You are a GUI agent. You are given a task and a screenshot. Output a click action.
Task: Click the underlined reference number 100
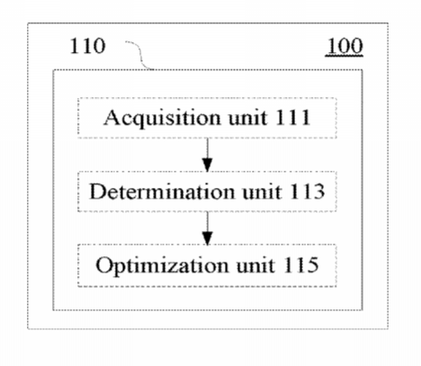click(x=345, y=47)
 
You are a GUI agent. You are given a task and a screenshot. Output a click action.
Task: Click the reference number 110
click(x=87, y=46)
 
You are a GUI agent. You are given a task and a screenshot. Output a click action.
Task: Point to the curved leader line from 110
click(x=140, y=56)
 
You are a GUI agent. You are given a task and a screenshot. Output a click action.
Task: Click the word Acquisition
click(x=163, y=118)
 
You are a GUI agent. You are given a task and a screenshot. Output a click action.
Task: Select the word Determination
click(x=162, y=192)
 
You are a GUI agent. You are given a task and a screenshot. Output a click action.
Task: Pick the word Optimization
click(x=162, y=265)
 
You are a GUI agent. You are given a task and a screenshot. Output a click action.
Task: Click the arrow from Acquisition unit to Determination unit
click(x=207, y=155)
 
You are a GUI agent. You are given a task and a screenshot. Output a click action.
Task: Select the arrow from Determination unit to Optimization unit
click(x=207, y=228)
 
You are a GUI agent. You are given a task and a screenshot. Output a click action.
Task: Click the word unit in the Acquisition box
click(x=247, y=118)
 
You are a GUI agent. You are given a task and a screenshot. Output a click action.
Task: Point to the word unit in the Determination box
click(x=262, y=192)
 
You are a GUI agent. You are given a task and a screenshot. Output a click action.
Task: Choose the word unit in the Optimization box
click(x=255, y=265)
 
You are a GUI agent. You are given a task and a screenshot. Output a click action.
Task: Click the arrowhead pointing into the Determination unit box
click(x=207, y=165)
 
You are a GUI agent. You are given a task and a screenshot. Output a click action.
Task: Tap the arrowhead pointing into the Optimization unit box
click(x=207, y=239)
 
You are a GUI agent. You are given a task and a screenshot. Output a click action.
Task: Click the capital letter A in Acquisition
click(x=111, y=117)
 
